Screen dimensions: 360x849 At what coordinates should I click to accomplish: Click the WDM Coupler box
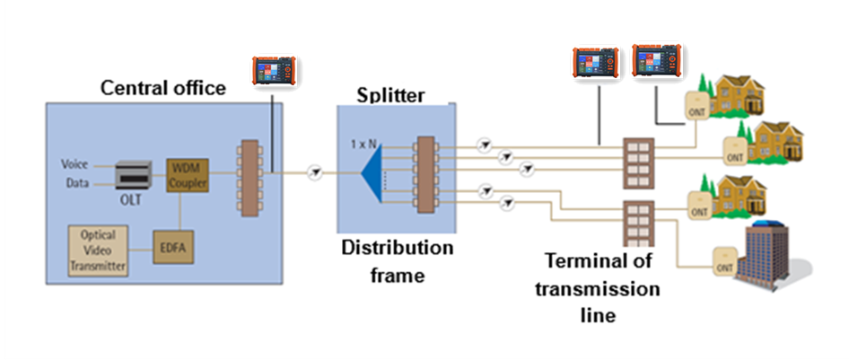point(187,175)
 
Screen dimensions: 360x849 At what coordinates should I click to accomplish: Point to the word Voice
point(74,164)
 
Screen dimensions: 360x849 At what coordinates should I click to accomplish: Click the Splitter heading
point(390,94)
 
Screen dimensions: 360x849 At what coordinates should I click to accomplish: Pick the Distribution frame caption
point(398,260)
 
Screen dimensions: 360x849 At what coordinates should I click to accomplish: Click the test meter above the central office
point(272,72)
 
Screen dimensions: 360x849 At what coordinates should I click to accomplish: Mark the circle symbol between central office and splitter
point(313,171)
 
